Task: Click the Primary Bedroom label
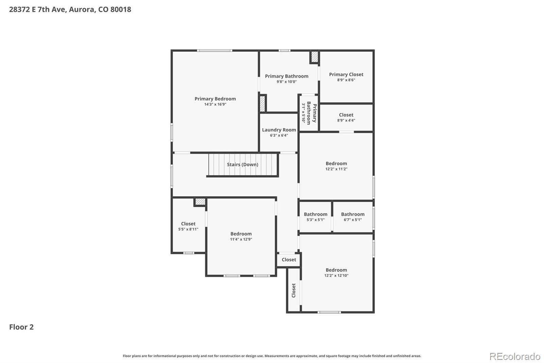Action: [215, 99]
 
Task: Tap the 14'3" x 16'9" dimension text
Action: [215, 105]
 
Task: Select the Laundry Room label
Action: [279, 130]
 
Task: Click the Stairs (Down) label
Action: [242, 164]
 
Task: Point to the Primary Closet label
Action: [346, 75]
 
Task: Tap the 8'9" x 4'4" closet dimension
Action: [346, 120]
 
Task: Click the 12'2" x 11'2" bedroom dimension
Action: [336, 169]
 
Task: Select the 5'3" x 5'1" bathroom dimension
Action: [316, 220]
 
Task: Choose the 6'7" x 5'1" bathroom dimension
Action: [353, 220]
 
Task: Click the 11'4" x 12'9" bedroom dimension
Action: [241, 239]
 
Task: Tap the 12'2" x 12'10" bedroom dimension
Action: [336, 275]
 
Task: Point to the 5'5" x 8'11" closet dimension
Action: [188, 229]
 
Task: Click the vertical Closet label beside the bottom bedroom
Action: [293, 290]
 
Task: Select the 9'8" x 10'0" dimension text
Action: [287, 82]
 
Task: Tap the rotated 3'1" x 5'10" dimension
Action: [303, 113]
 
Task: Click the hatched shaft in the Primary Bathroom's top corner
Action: [314, 57]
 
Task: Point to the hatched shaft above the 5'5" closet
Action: [200, 202]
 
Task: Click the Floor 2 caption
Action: [21, 327]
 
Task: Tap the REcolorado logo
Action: [515, 357]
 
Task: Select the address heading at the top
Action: [70, 10]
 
